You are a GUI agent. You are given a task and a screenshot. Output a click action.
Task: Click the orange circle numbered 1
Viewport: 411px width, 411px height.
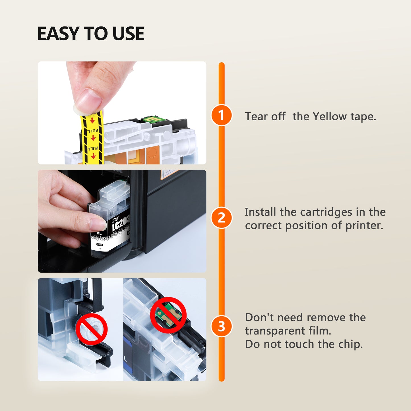[x=221, y=115]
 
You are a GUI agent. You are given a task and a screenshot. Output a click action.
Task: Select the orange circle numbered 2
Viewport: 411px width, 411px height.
[x=221, y=218]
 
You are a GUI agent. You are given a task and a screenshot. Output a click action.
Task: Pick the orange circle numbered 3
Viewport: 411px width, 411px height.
[x=221, y=326]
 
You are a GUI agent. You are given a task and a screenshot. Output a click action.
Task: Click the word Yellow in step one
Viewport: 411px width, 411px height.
[x=330, y=117]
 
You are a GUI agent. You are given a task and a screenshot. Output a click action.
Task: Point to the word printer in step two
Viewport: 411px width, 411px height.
[x=364, y=226]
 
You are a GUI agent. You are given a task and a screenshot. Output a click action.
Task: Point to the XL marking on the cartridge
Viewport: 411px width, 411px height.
[x=99, y=234]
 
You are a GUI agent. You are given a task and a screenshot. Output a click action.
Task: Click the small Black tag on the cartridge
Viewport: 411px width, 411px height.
[x=100, y=245]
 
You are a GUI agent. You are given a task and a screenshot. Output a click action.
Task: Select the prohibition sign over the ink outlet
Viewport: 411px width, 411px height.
[x=92, y=329]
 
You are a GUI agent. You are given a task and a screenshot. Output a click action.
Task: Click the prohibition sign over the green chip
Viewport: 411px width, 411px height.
[x=168, y=315]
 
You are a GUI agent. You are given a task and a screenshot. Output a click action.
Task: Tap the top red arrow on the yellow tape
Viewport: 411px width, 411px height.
[x=92, y=121]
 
